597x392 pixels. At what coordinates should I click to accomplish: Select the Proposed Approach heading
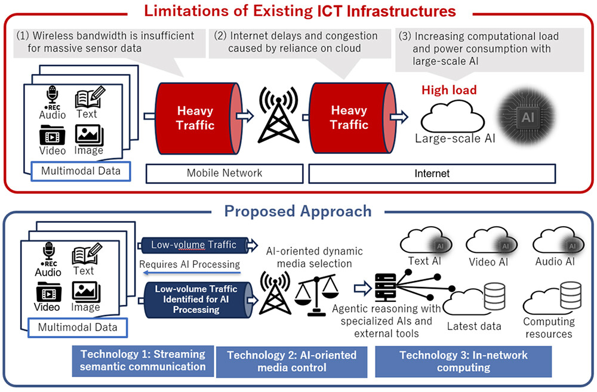[297, 211]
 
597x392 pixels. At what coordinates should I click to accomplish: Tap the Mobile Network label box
[224, 173]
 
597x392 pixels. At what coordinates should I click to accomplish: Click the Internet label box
[432, 173]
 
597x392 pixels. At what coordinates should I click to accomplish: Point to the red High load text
[449, 90]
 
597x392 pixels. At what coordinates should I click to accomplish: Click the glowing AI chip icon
[528, 116]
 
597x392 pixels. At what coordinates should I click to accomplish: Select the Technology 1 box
[142, 360]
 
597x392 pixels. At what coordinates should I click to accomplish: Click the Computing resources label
[549, 328]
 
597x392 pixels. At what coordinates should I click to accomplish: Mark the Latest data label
[474, 326]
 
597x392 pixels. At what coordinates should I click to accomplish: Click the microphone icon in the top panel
[52, 97]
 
